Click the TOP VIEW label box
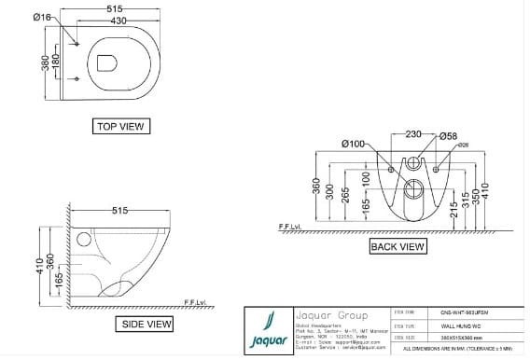pyautogui.click(x=121, y=126)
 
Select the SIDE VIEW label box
pyautogui.click(x=146, y=324)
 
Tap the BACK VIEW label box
pyautogui.click(x=397, y=246)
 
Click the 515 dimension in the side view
pyautogui.click(x=120, y=211)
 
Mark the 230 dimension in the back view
pyautogui.click(x=413, y=133)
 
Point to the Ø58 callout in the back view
pyautogui.click(x=449, y=137)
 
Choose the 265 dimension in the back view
pyautogui.click(x=346, y=196)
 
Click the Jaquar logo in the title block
pyautogui.click(x=269, y=330)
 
